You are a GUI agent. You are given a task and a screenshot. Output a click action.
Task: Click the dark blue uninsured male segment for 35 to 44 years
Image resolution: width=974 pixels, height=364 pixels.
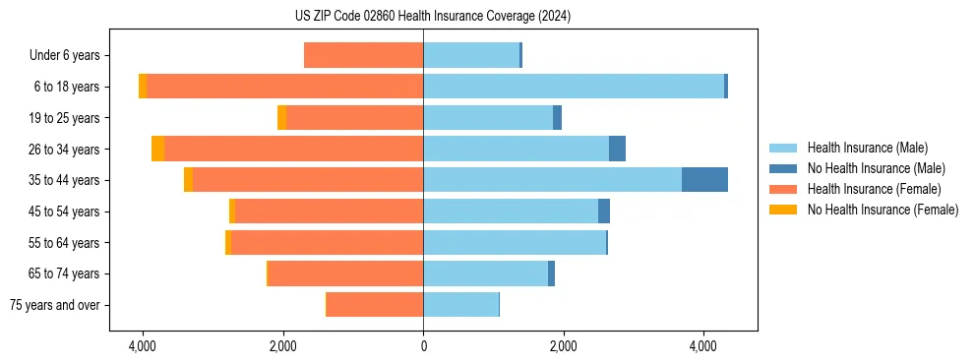[x=704, y=180]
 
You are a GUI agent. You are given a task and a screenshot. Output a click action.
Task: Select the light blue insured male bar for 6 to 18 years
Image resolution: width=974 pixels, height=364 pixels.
[x=574, y=87]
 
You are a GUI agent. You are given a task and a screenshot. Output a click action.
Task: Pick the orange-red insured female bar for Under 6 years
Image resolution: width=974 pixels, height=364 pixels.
[x=364, y=55]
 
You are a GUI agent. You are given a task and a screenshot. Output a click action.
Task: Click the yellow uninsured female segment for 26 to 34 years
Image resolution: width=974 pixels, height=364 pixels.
[x=157, y=149]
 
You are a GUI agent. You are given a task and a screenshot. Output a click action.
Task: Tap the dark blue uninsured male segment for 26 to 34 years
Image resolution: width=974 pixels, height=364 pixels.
[x=617, y=149]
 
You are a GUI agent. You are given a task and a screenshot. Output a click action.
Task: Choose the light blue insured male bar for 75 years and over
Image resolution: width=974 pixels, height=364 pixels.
[x=460, y=305]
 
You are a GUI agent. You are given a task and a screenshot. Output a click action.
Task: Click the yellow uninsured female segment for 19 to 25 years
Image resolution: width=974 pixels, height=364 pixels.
[x=281, y=118]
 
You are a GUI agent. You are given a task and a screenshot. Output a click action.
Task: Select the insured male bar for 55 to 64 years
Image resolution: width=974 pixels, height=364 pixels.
[x=515, y=242]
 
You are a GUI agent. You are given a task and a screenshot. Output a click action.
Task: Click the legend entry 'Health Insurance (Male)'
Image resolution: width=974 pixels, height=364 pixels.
[x=867, y=148]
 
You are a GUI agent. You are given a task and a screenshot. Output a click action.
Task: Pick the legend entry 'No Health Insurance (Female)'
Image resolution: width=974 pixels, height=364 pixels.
[x=883, y=210]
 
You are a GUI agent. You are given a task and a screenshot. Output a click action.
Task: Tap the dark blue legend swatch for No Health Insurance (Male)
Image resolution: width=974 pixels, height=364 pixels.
[x=784, y=168]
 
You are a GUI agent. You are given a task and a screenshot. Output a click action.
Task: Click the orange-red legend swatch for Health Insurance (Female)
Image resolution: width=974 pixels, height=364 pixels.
[x=784, y=189]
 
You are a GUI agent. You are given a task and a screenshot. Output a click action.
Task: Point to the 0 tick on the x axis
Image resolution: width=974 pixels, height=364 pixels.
[x=423, y=346]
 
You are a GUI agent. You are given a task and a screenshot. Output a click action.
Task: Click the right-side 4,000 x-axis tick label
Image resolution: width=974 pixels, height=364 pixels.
[x=703, y=346]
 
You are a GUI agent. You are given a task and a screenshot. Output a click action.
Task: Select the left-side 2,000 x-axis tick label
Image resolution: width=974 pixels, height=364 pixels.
[x=283, y=346]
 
